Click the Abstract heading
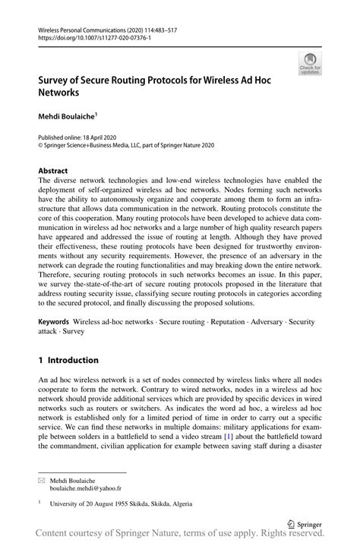(53, 171)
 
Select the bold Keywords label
(56, 323)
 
